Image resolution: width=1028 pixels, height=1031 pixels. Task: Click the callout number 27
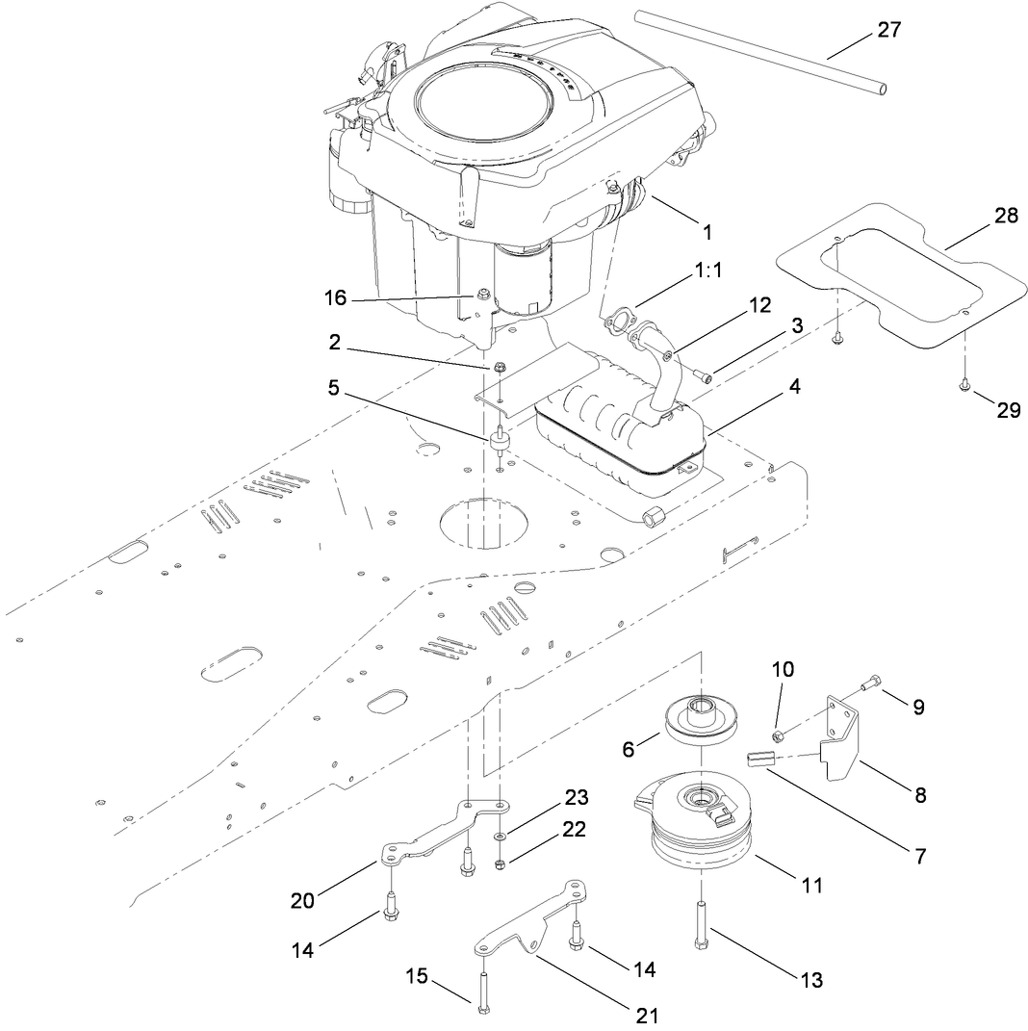click(888, 30)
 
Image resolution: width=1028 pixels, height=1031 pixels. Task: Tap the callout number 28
click(1006, 216)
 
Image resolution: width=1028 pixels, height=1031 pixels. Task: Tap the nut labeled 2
click(500, 367)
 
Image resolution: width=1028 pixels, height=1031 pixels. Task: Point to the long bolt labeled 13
click(699, 924)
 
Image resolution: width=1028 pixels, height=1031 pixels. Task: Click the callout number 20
click(303, 901)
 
